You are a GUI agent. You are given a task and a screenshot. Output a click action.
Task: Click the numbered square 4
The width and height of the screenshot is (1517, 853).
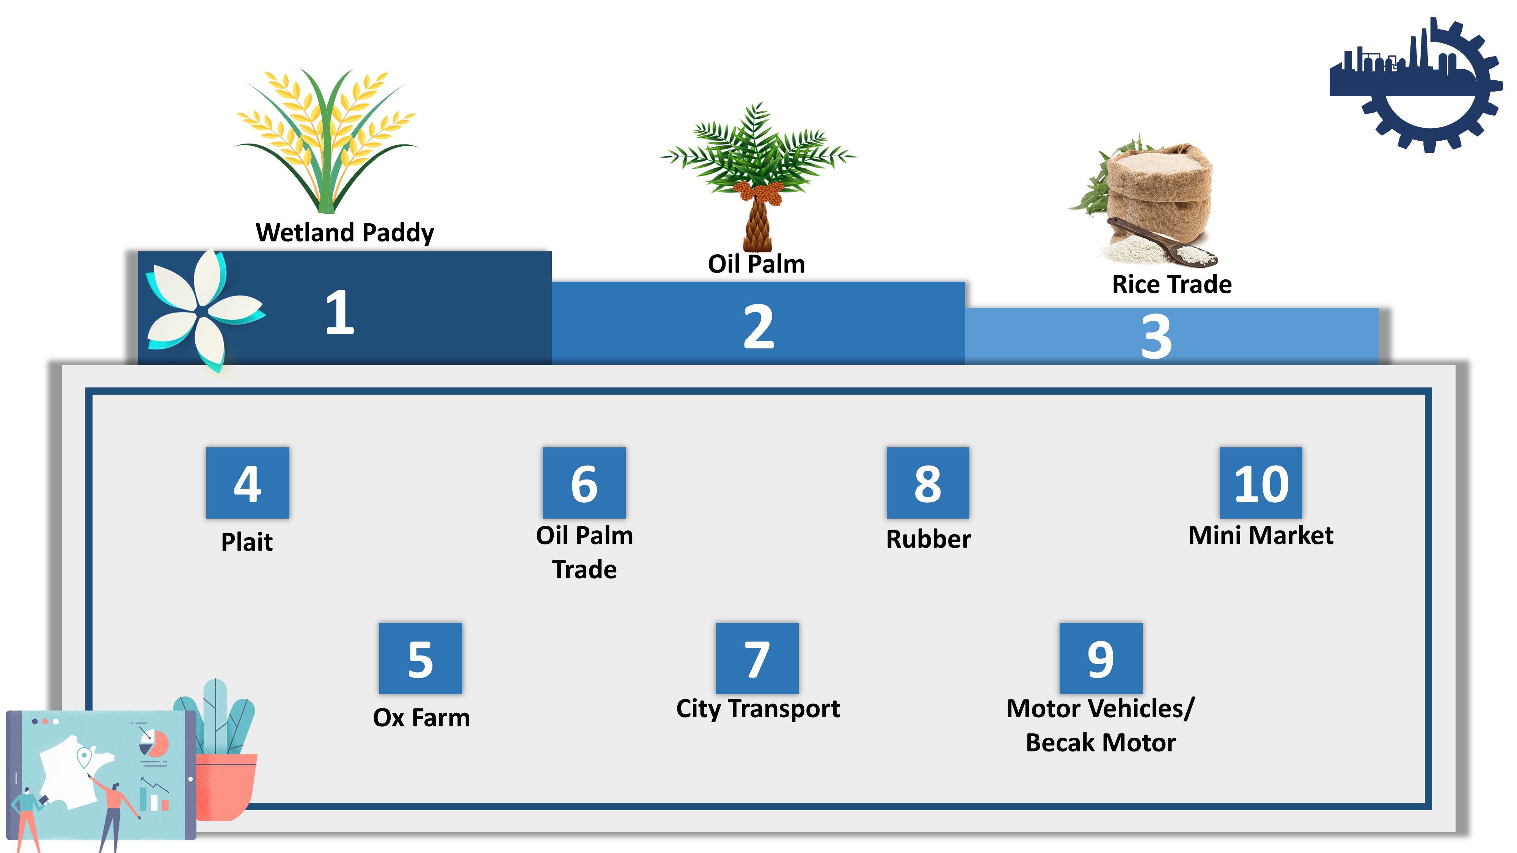[247, 483]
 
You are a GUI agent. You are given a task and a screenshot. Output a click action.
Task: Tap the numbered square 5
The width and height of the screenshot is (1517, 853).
[421, 658]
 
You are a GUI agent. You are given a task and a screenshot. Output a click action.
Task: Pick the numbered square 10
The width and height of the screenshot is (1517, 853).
[1261, 483]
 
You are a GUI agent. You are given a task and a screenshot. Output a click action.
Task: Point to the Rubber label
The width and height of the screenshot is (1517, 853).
[929, 539]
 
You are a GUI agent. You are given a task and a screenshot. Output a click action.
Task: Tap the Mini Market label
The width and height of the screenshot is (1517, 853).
[1261, 535]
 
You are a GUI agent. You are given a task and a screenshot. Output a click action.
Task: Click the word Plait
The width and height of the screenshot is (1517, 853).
[247, 542]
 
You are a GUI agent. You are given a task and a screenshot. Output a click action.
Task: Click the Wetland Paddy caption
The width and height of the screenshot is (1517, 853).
[345, 232]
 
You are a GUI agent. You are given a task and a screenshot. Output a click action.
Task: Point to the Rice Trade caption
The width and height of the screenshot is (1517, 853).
[1172, 284]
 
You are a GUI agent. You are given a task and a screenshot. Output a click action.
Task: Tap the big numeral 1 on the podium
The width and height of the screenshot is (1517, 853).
[340, 312]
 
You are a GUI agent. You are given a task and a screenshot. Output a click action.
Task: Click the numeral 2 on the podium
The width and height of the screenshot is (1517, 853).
[758, 327]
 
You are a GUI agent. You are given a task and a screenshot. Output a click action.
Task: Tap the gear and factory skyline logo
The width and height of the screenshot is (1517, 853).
[1416, 85]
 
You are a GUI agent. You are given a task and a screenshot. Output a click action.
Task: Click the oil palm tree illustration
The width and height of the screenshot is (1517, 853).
[758, 177]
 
